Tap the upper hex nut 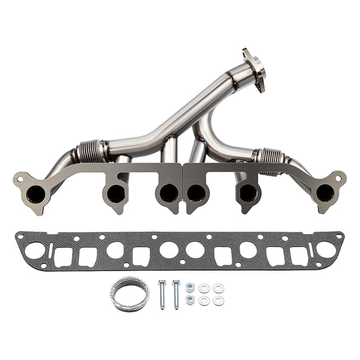190,287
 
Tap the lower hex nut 190,300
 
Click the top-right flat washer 218,288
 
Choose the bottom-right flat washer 218,301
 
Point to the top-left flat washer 204,288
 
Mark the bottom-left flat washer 204,301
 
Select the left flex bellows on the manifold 91,151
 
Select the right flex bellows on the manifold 269,159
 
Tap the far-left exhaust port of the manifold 36,194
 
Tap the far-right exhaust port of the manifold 324,193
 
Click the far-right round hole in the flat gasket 325,250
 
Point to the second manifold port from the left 115,194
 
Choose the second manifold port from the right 247,193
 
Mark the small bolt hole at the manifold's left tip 21,181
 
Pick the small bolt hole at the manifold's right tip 338,179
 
